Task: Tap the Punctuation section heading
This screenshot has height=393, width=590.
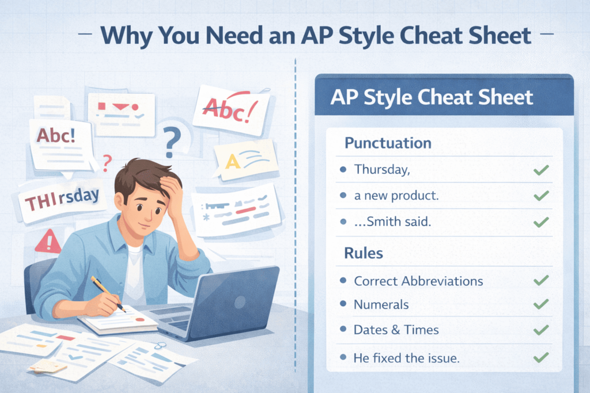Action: (388, 143)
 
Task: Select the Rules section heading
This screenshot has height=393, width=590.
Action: (364, 253)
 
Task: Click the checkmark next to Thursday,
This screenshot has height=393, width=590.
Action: (541, 170)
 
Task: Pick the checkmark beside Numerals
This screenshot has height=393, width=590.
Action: (541, 304)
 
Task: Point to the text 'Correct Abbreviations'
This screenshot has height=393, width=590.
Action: (418, 281)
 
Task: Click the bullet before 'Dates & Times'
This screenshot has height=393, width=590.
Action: (343, 329)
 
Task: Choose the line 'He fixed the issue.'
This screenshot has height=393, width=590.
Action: (406, 358)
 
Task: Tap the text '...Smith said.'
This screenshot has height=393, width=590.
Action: (392, 222)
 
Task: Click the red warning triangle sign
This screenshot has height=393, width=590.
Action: (48, 242)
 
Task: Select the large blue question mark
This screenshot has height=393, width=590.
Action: (172, 142)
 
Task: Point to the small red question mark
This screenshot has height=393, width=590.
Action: (107, 163)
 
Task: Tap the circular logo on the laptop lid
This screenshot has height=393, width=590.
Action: (240, 302)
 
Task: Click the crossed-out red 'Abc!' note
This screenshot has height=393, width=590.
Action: (232, 110)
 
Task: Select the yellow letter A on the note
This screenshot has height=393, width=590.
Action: (233, 162)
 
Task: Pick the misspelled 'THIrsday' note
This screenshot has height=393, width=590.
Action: (62, 199)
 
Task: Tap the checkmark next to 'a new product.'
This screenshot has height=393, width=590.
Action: (541, 196)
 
